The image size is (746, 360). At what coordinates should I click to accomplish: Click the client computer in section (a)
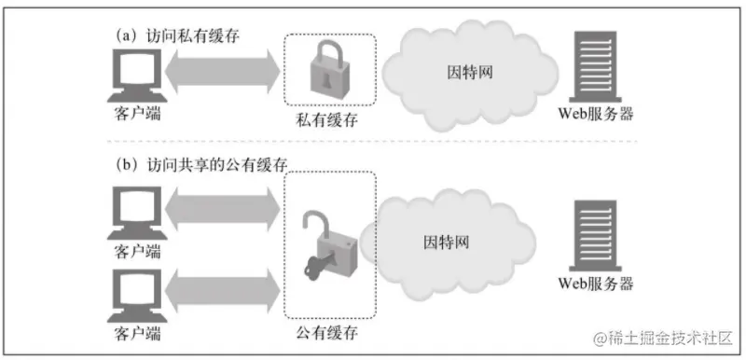click(x=132, y=75)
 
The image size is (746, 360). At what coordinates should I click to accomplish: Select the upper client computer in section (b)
click(x=133, y=214)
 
